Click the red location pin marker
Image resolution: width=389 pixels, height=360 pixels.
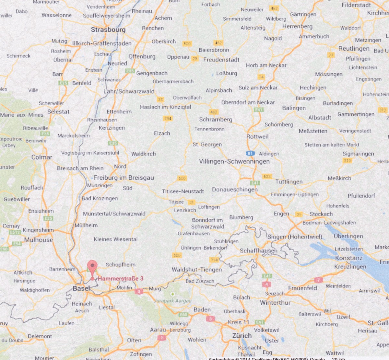coord(92,268)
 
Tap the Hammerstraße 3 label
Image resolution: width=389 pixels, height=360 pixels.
coord(121,278)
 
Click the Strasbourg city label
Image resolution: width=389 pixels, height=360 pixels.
coord(108,29)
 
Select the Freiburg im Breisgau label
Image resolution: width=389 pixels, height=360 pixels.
coord(124,178)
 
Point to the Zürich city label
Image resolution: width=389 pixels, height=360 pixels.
coord(242,336)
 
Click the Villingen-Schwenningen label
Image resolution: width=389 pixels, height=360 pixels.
coord(234,161)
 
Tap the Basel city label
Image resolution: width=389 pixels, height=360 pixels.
coord(81,288)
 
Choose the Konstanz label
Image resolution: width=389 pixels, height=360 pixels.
coord(349,258)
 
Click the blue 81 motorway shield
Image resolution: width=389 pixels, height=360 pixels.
coord(250,154)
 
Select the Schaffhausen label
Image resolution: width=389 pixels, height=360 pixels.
coord(258,250)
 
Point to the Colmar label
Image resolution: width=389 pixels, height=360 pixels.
coord(42,157)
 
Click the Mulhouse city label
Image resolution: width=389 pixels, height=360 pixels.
coord(38,240)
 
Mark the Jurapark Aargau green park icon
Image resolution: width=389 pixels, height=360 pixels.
coord(173,294)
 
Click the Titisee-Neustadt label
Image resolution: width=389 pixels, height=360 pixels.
coord(183,191)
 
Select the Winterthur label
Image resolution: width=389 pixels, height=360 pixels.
coord(275,303)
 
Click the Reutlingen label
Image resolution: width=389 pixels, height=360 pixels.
coord(354,49)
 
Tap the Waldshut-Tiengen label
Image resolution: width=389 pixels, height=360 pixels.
coord(197,270)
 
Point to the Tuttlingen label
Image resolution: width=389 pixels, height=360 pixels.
coord(289,181)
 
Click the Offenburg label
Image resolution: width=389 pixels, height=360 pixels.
coord(142,56)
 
